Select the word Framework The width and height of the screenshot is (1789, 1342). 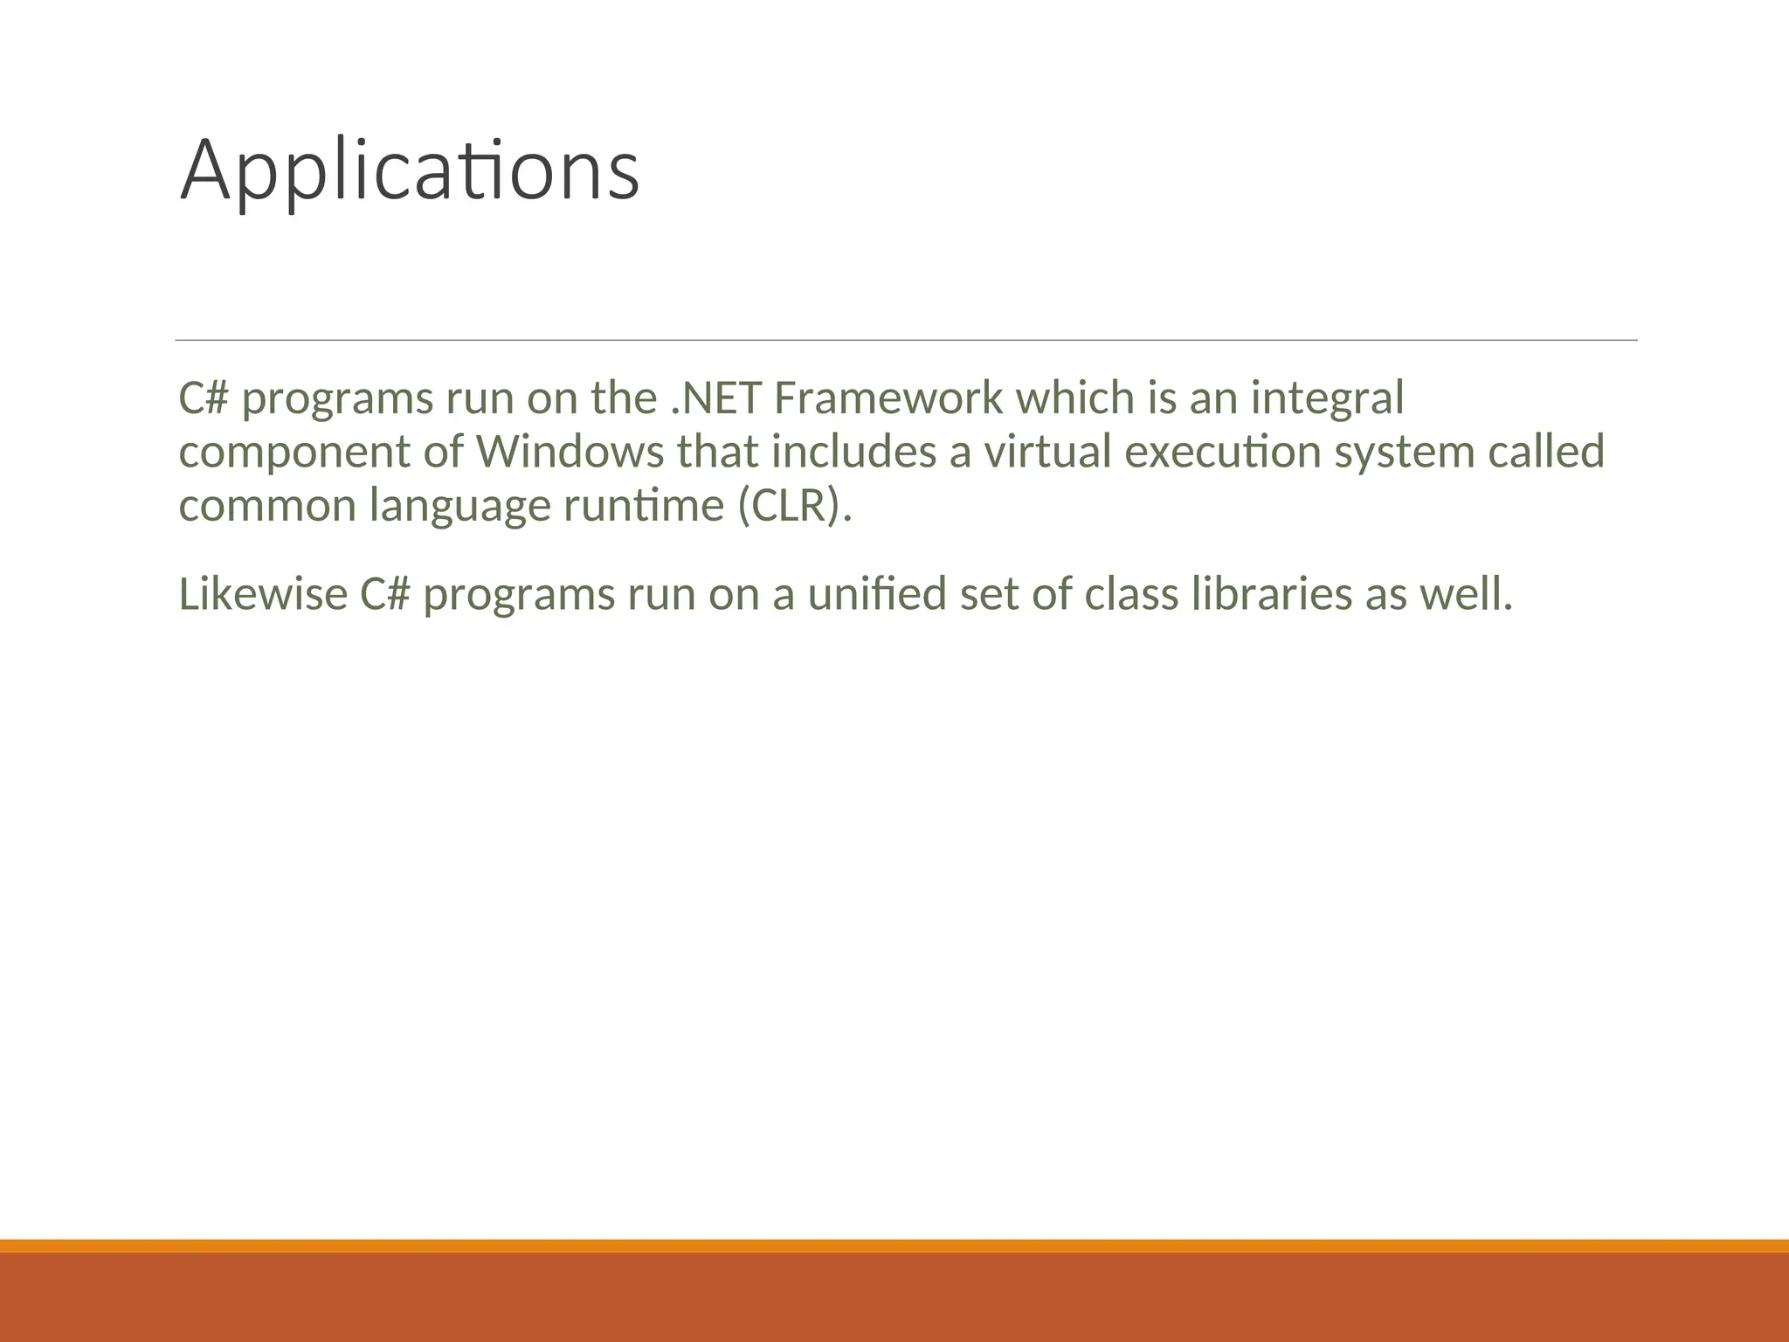pyautogui.click(x=888, y=398)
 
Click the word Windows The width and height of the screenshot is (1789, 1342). pyautogui.click(x=570, y=453)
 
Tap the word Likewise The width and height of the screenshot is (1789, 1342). pyautogui.click(x=263, y=595)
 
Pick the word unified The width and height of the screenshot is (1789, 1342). pyautogui.click(x=877, y=595)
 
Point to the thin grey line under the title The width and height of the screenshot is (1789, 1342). pyautogui.click(x=906, y=340)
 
